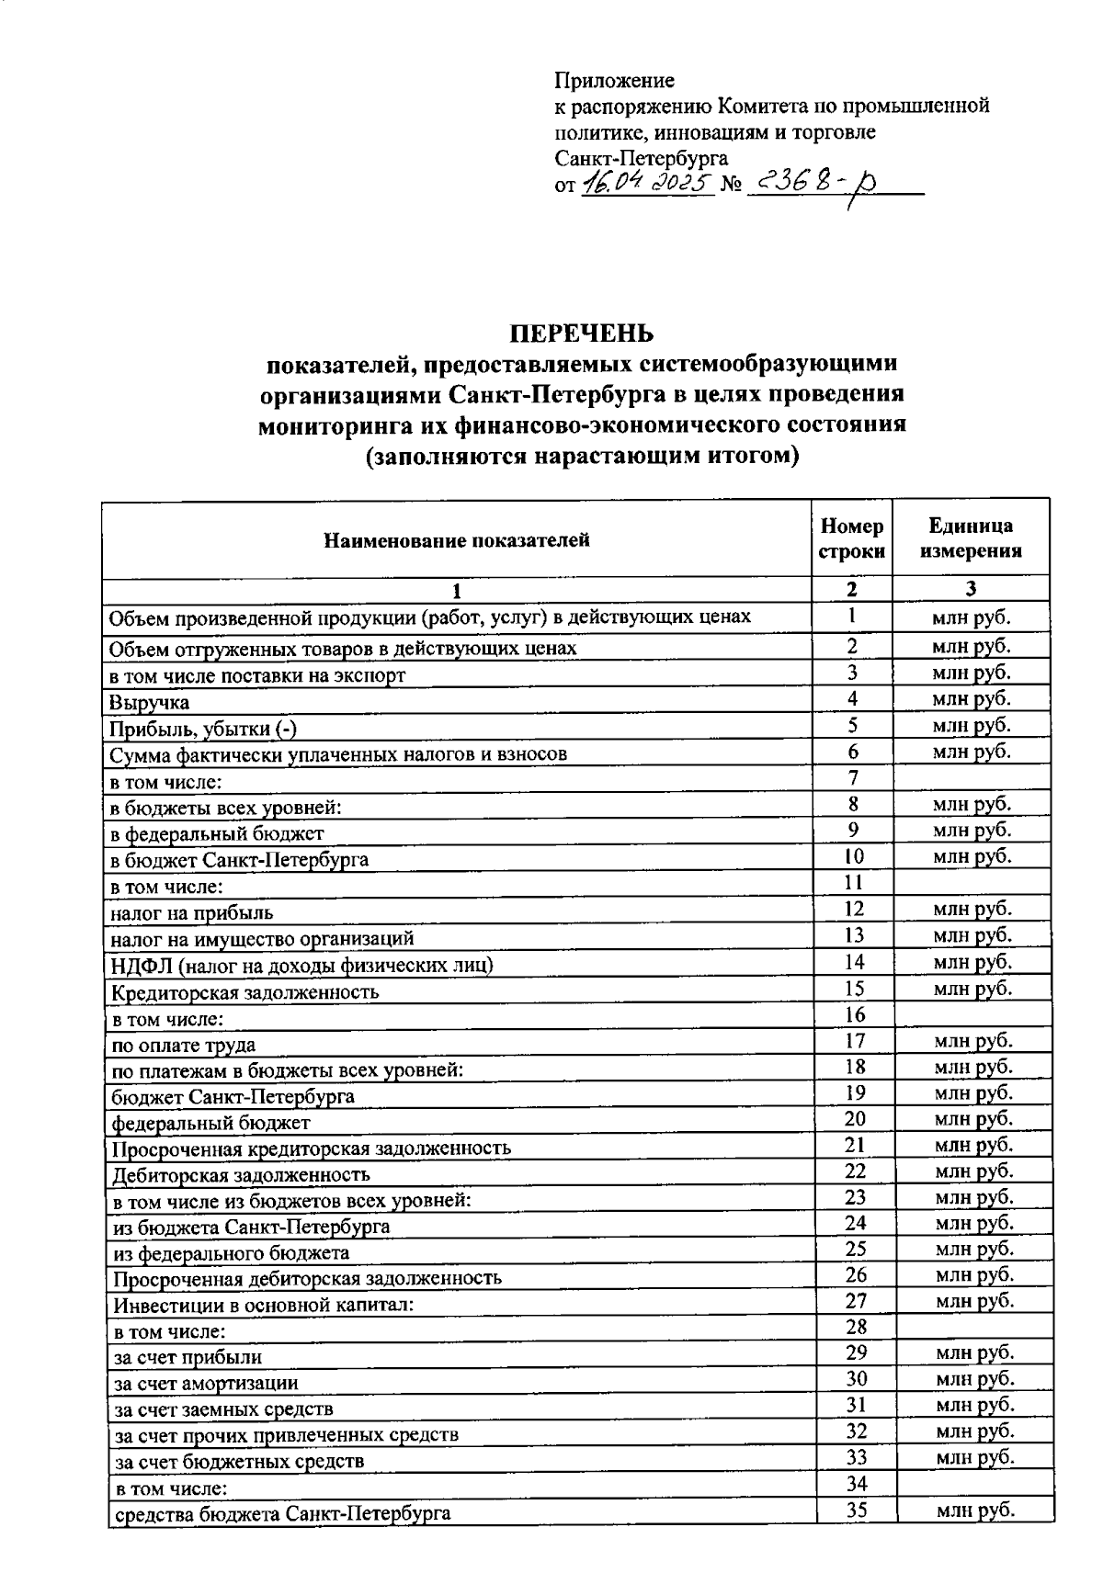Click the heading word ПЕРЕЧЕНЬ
581,333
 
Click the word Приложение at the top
614,81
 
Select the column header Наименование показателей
456,540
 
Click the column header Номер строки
851,538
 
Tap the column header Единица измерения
971,538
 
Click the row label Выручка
150,703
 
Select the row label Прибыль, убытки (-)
203,729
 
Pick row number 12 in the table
853,909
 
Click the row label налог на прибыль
192,913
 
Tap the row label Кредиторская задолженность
244,992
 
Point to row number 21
855,1145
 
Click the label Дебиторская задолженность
241,1174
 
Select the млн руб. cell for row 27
974,1301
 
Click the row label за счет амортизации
205,1383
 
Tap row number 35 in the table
856,1510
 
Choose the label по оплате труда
183,1045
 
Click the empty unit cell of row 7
971,778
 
